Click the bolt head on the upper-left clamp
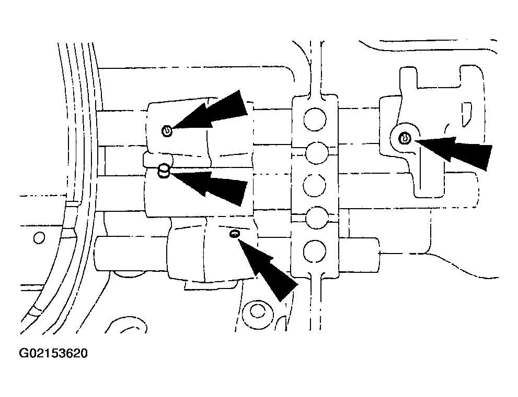tap(167, 131)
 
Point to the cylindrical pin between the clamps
tap(164, 171)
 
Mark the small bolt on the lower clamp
tap(234, 234)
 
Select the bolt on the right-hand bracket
tap(405, 138)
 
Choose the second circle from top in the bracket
tap(317, 153)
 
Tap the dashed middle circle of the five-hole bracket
tap(315, 185)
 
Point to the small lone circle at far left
tap(39, 238)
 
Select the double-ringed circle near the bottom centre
tap(257, 310)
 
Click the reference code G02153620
tap(53, 354)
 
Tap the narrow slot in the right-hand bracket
tap(466, 114)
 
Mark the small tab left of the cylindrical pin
tap(148, 160)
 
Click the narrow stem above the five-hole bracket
tap(316, 69)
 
